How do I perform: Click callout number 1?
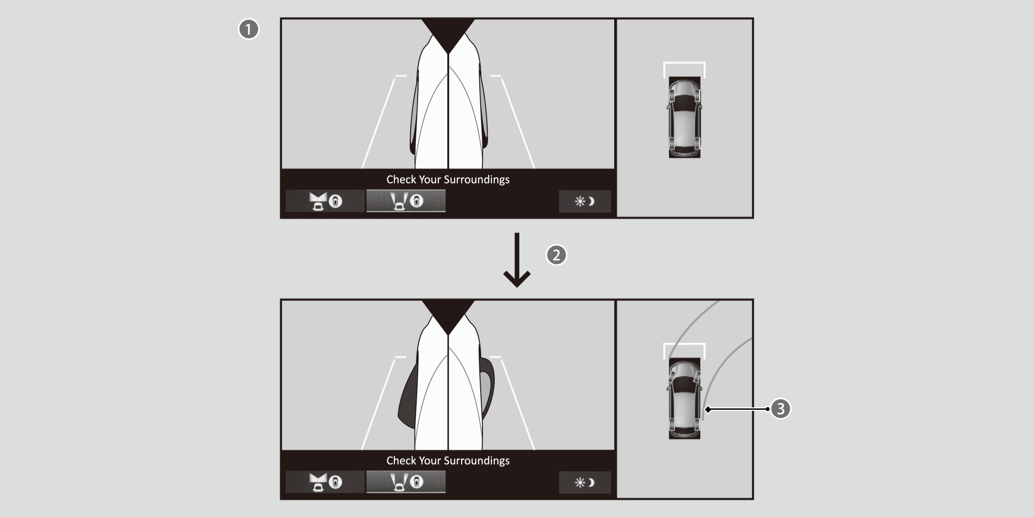[x=249, y=29]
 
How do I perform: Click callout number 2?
[x=556, y=255]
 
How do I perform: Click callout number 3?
[x=781, y=409]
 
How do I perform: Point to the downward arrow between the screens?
[x=517, y=260]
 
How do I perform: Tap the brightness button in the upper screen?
[x=585, y=201]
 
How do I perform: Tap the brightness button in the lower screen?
[x=585, y=482]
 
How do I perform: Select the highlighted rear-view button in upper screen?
[x=406, y=201]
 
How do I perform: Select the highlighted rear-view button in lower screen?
[x=406, y=482]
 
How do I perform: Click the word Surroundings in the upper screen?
[x=476, y=180]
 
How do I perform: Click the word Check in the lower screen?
[x=401, y=461]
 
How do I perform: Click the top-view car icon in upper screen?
[x=685, y=117]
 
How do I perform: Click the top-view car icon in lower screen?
[x=685, y=398]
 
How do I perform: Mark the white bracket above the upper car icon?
[x=684, y=63]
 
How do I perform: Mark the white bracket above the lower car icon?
[x=684, y=344]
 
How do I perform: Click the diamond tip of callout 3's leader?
[x=707, y=409]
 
